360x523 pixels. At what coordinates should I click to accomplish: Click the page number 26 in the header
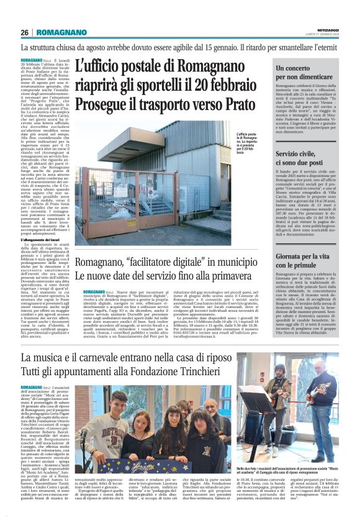coord(25,32)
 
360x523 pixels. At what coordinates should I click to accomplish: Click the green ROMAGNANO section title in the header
coord(60,32)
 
